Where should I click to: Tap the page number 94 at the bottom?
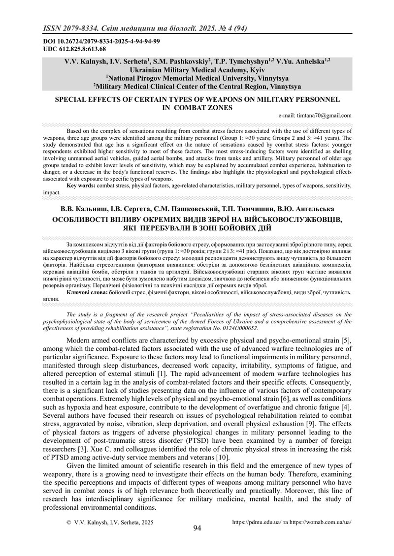[x=197, y=528]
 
